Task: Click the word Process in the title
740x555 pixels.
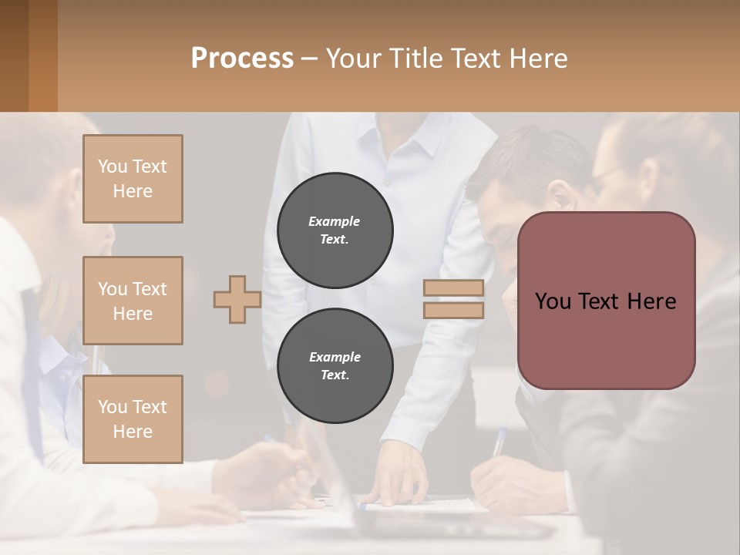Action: click(x=242, y=58)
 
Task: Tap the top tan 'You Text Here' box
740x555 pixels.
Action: click(x=133, y=179)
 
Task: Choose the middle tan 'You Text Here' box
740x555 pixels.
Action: click(x=133, y=301)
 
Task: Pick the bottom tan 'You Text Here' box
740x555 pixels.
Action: click(x=133, y=419)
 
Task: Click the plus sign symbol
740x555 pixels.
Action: click(x=237, y=299)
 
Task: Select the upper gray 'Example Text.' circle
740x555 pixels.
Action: click(x=335, y=230)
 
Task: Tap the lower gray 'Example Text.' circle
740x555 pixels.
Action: click(x=335, y=366)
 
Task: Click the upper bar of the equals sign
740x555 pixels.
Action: click(x=453, y=288)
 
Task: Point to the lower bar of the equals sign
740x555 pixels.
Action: click(x=453, y=310)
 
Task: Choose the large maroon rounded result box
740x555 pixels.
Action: click(x=606, y=339)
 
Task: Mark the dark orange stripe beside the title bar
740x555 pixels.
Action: click(x=42, y=55)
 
